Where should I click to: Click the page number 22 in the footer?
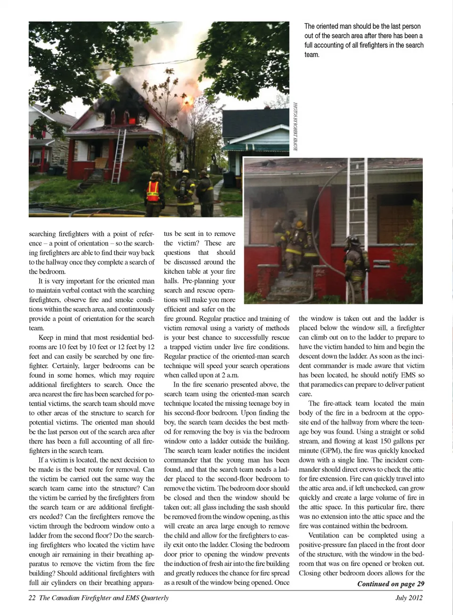pos(32,598)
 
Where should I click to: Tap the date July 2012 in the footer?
pos(409,598)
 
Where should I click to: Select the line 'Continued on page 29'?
pos(390,584)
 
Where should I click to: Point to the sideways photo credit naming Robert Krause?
pos(295,126)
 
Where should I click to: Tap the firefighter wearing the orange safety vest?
pos(153,194)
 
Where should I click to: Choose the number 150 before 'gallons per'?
pos(386,441)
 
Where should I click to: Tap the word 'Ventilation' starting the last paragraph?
pos(324,536)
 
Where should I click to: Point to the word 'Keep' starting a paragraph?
pos(46,337)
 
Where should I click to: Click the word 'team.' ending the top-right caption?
pos(312,55)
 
